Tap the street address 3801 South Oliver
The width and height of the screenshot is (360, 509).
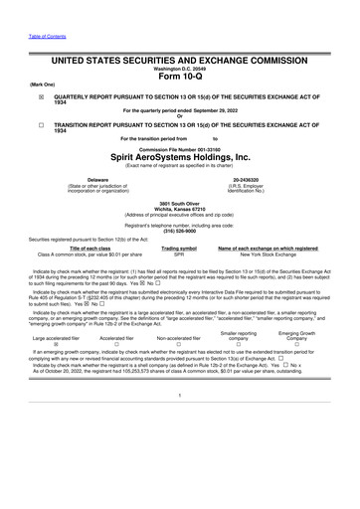click(x=180, y=203)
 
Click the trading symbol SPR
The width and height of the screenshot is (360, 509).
click(x=179, y=254)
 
